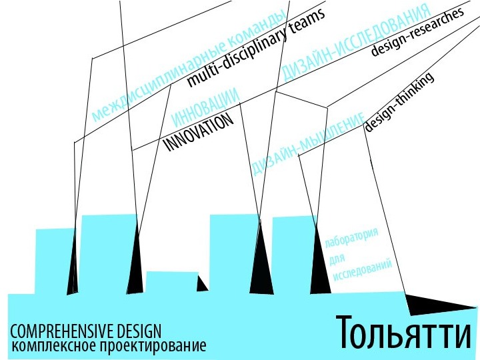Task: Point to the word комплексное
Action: click(x=54, y=346)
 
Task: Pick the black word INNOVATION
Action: click(x=199, y=131)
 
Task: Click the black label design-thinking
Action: click(x=399, y=103)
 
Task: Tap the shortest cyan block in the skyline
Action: click(x=170, y=282)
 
